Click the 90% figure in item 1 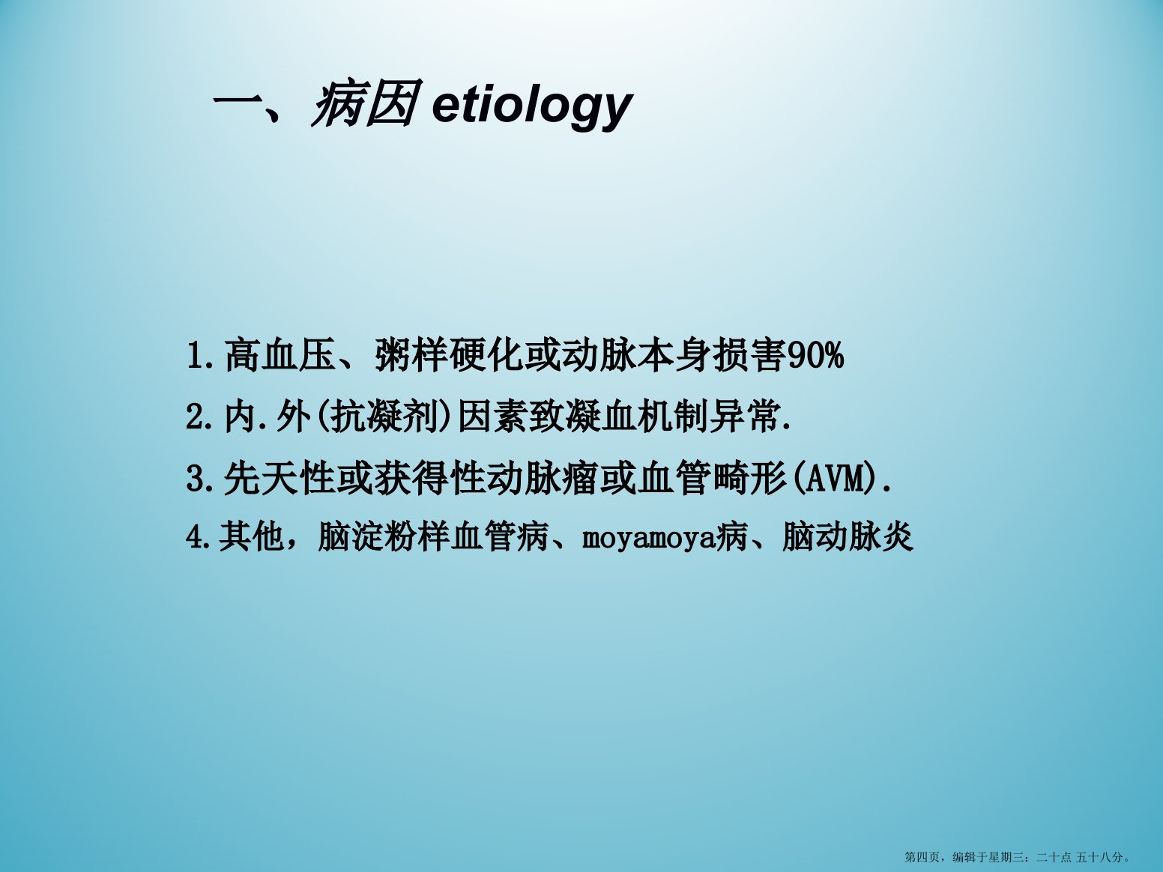pos(815,356)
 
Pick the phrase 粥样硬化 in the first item pos(448,355)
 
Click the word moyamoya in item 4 pos(648,539)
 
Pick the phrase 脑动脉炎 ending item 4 pos(848,537)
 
